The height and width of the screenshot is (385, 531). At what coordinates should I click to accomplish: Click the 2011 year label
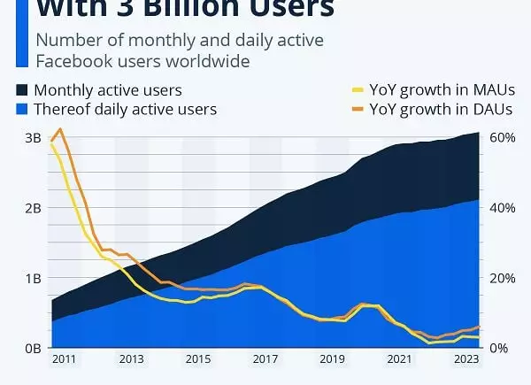pos(64,360)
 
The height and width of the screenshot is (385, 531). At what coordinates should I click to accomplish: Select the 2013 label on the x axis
pos(131,360)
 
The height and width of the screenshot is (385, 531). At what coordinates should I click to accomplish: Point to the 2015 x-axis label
pos(198,360)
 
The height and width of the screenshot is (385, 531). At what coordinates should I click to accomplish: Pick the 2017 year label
pos(265,360)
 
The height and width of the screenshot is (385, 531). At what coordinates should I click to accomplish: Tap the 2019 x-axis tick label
pos(332,360)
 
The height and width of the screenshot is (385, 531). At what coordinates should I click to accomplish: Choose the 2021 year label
pos(399,360)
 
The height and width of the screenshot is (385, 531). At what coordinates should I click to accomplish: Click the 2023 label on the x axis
pos(466,360)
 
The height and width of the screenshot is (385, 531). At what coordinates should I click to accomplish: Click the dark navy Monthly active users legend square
pos(22,90)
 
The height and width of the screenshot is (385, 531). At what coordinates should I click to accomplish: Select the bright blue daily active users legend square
pos(22,110)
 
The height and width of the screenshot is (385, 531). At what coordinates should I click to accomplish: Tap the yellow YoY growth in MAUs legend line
pos(360,90)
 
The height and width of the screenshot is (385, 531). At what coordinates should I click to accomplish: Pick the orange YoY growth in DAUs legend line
pos(360,110)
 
